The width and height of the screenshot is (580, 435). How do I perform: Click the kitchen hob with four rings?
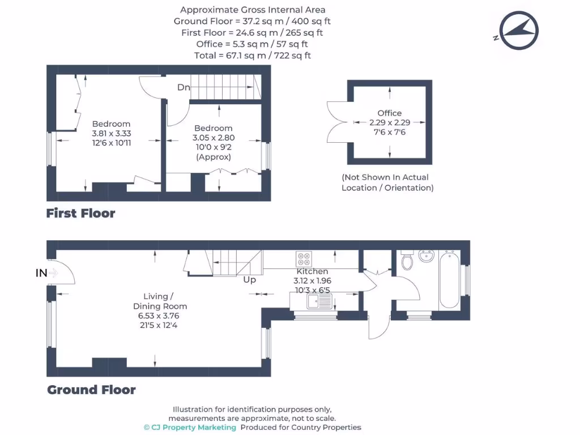303,259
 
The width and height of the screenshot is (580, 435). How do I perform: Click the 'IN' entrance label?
41,273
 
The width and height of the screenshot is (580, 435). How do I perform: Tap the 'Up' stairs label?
249,280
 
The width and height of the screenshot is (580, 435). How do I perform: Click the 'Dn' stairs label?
184,87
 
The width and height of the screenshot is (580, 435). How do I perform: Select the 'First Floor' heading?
80,214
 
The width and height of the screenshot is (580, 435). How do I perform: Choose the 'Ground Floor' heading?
91,390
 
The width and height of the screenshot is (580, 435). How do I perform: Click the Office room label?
389,113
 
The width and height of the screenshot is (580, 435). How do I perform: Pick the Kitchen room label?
312,271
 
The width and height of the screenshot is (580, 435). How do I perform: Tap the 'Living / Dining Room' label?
156,301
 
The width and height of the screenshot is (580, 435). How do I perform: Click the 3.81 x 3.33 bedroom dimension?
111,134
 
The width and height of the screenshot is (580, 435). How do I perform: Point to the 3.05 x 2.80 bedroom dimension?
214,138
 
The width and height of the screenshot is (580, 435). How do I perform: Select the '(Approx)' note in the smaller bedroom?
214,157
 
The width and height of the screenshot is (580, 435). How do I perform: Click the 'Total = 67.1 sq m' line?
253,56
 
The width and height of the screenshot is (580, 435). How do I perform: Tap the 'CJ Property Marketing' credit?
189,428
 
